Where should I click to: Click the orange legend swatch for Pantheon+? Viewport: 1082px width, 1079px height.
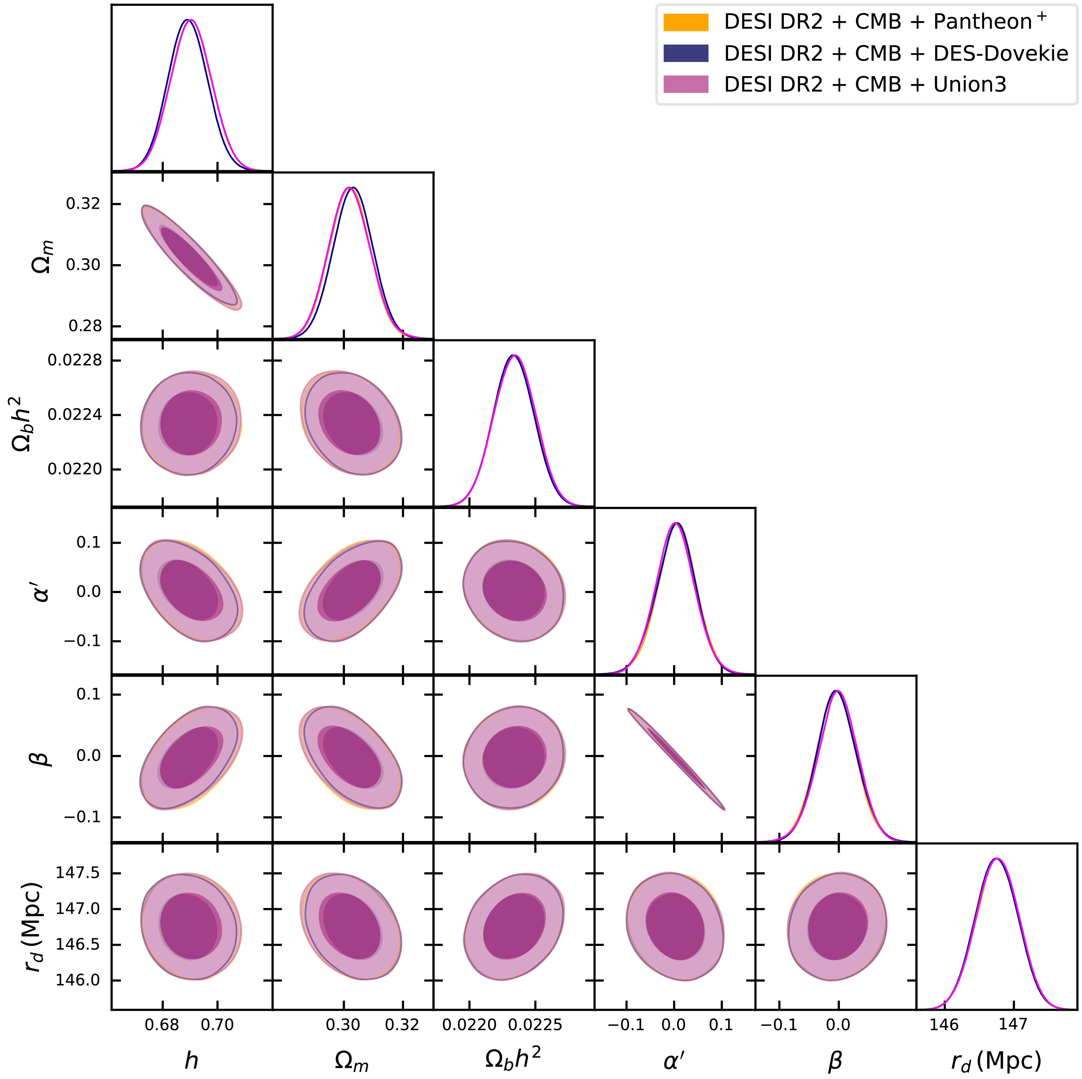pyautogui.click(x=686, y=22)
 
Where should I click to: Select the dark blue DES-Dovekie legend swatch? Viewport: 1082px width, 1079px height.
pyautogui.click(x=686, y=53)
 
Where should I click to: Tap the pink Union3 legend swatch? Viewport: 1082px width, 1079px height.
pyautogui.click(x=686, y=84)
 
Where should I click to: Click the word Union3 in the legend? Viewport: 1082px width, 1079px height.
pyautogui.click(x=970, y=84)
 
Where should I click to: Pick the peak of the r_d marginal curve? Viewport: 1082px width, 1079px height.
pyautogui.click(x=996, y=858)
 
